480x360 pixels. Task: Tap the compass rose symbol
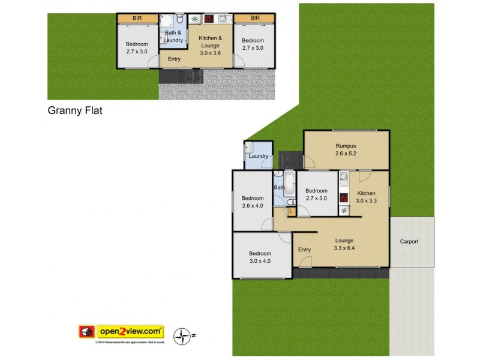(x=181, y=336)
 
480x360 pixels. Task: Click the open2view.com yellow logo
(x=131, y=331)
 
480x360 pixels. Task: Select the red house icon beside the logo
(x=86, y=331)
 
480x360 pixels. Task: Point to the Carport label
(x=409, y=242)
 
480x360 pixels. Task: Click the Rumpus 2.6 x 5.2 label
(x=346, y=150)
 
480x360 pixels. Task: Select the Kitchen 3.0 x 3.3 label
(x=366, y=197)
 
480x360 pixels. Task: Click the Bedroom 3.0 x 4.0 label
(x=260, y=257)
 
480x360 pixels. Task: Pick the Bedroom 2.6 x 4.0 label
(x=253, y=202)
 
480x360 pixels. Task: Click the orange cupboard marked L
(x=290, y=211)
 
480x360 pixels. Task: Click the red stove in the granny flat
(x=209, y=19)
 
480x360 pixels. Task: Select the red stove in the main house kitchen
(x=344, y=198)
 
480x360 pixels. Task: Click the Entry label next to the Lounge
(x=305, y=250)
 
